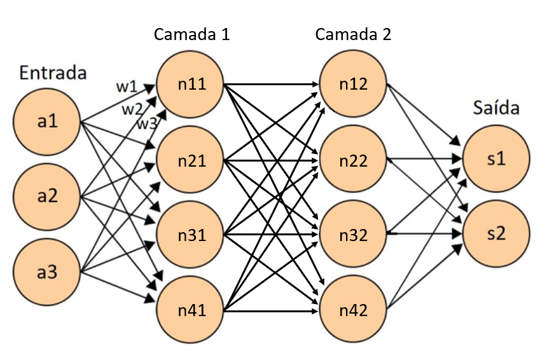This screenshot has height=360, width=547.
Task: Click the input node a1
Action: click(x=48, y=120)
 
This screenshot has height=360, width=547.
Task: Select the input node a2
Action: click(x=48, y=196)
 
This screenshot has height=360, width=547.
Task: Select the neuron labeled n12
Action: click(x=353, y=83)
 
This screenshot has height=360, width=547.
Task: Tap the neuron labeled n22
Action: click(x=353, y=160)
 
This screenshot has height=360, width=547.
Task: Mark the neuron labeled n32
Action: click(x=353, y=235)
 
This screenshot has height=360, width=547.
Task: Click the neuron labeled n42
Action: click(x=353, y=311)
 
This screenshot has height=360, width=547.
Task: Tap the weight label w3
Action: click(x=147, y=124)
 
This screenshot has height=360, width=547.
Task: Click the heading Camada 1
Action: click(x=191, y=34)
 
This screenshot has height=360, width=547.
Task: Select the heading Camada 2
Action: click(x=353, y=34)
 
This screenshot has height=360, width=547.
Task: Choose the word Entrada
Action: click(x=53, y=72)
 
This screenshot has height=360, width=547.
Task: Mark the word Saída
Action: click(x=496, y=108)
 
